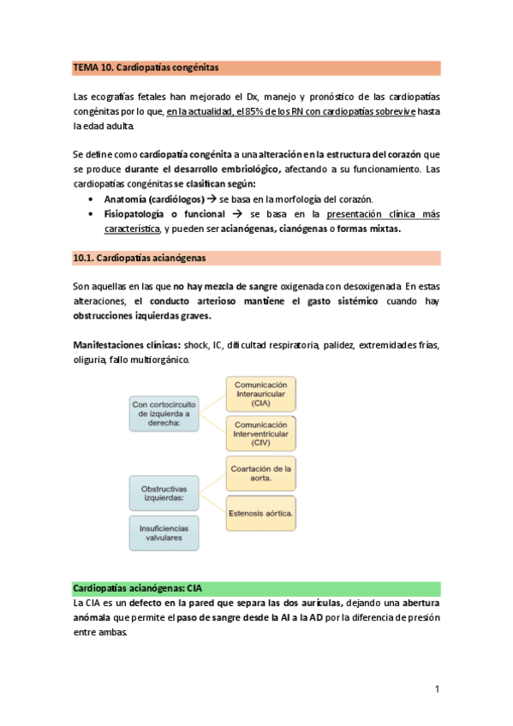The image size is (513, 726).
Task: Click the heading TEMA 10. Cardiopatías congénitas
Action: [x=146, y=67]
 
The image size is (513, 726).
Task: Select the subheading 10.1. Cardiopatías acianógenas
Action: [x=139, y=257]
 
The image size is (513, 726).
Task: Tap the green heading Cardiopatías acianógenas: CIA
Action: [x=138, y=589]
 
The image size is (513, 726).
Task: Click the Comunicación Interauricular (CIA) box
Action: [x=260, y=395]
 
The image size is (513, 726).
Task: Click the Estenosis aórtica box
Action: [x=260, y=513]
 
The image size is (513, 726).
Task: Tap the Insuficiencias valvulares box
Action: [x=164, y=533]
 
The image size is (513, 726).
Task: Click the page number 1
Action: [x=437, y=689]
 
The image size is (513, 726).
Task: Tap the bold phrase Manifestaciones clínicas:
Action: [x=126, y=344]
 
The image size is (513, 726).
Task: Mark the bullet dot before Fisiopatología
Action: [x=91, y=214]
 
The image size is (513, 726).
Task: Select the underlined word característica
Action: [x=132, y=229]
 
